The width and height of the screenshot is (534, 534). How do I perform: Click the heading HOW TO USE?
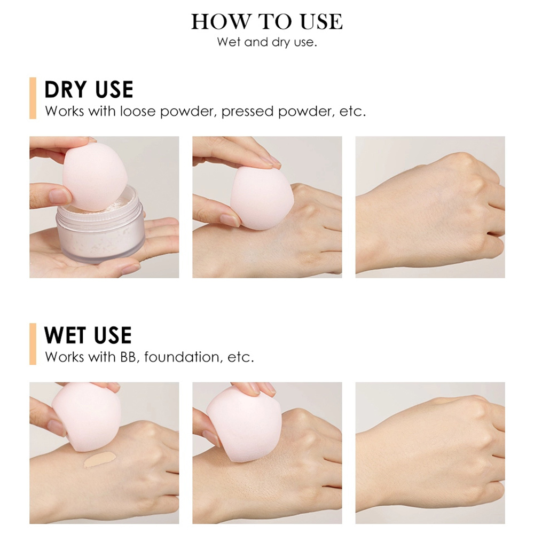click(x=267, y=21)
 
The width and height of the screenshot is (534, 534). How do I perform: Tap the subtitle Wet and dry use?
click(x=267, y=42)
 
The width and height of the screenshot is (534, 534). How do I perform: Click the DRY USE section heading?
click(x=89, y=90)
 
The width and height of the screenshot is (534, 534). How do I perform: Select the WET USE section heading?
click(x=88, y=335)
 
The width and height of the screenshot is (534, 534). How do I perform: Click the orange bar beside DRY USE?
click(x=33, y=98)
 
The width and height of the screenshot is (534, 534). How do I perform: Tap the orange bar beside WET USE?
click(x=33, y=343)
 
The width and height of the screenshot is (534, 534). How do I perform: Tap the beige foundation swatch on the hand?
click(x=99, y=459)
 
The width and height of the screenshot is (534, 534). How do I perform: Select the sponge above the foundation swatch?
click(x=85, y=417)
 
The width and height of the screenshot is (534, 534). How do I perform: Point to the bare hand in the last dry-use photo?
click(x=433, y=214)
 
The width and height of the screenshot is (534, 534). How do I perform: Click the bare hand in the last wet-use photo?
click(x=433, y=459)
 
